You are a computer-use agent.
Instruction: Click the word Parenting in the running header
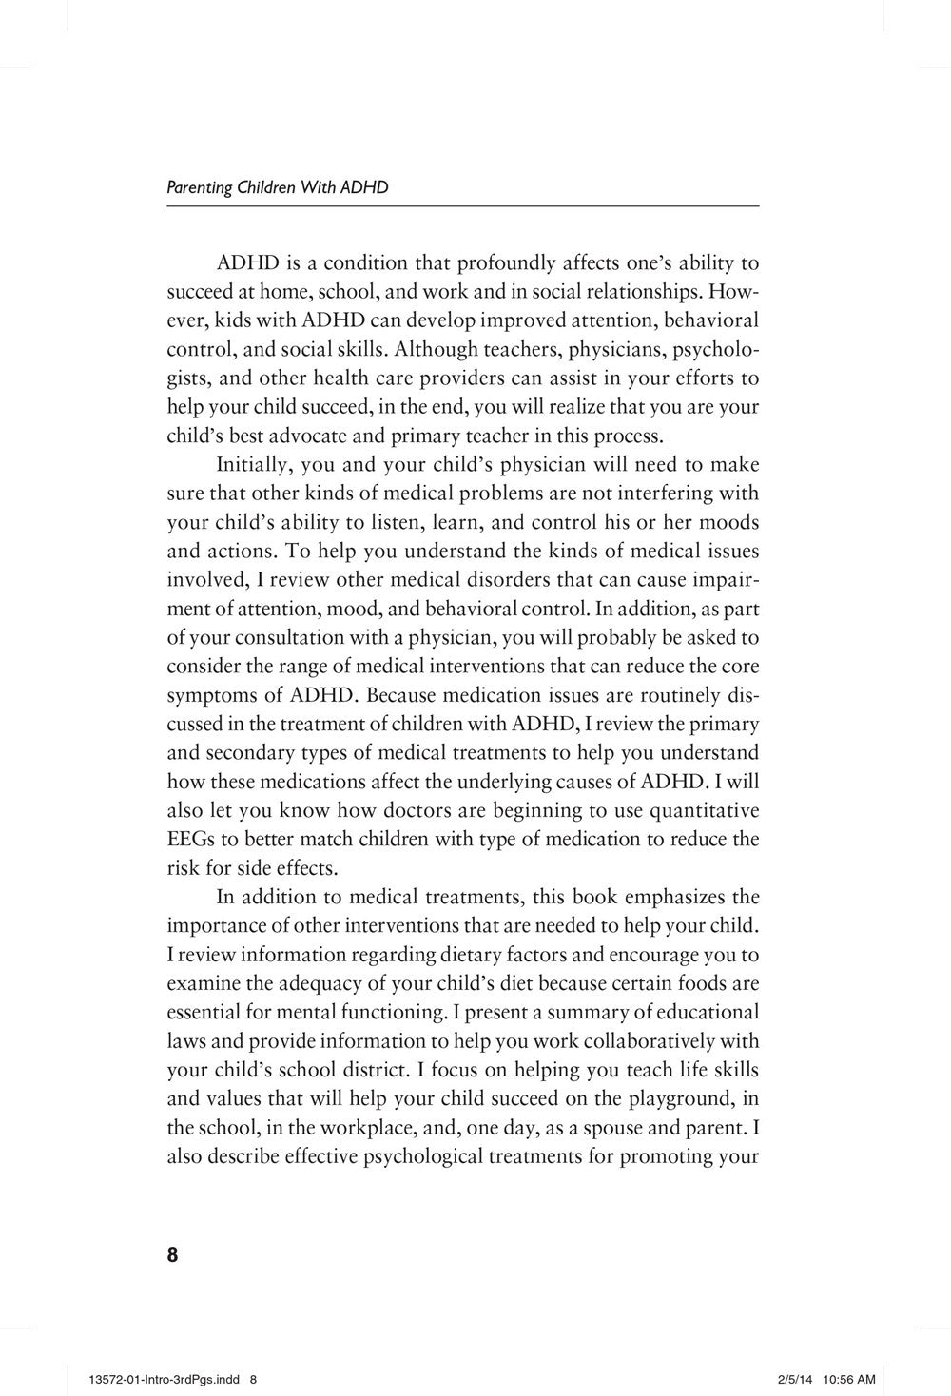[x=199, y=187]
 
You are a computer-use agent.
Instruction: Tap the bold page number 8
[x=172, y=1254]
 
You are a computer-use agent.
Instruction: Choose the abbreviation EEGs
[x=189, y=839]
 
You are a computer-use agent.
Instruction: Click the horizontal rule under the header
[x=462, y=206]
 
